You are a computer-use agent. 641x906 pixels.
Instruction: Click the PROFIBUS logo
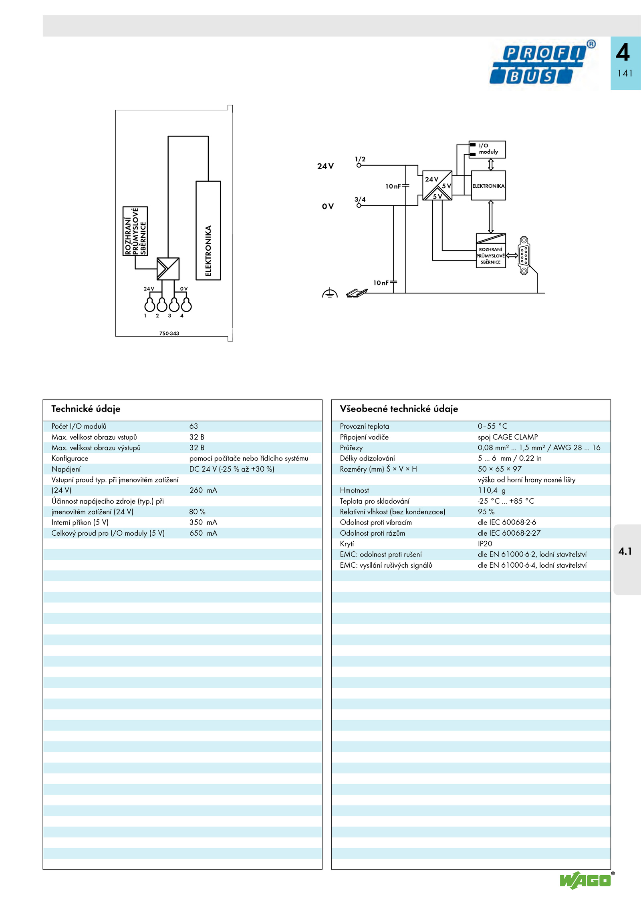point(542,63)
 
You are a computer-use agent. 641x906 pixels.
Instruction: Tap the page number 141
point(625,73)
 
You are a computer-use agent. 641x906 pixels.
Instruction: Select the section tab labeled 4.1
point(625,551)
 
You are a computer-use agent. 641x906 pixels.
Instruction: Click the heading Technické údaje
point(86,409)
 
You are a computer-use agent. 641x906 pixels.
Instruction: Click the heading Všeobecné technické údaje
point(399,409)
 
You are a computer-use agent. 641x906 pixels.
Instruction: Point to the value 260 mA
point(203,490)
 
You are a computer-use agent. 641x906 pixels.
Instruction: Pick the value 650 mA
point(203,533)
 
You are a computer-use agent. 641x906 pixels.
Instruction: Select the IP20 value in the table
point(485,544)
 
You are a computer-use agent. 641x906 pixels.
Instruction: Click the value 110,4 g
point(492,490)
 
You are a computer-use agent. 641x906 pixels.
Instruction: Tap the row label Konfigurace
point(70,458)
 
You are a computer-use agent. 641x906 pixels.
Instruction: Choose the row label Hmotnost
point(354,490)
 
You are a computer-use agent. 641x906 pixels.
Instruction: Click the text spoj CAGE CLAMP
point(508,437)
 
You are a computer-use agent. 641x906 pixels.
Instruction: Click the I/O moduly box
point(487,149)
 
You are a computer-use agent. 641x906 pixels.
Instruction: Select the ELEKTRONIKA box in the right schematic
point(488,186)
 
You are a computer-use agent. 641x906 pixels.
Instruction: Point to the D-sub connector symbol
point(524,255)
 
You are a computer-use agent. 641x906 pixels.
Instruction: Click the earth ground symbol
point(330,293)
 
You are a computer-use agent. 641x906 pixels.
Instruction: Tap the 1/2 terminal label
point(360,159)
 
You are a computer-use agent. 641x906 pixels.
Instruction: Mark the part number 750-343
point(169,333)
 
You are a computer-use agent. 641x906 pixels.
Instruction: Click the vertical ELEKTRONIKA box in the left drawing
point(208,231)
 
